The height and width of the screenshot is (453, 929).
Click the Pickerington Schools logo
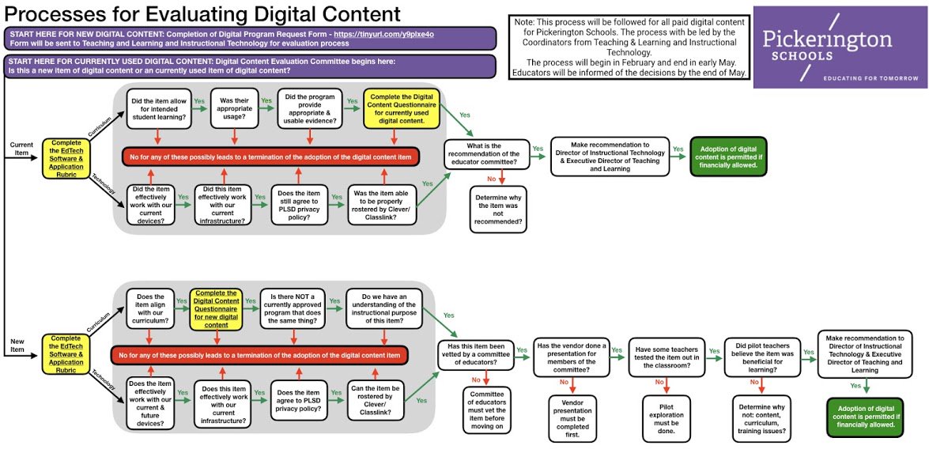click(x=840, y=45)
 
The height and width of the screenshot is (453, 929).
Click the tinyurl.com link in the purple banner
click(x=401, y=34)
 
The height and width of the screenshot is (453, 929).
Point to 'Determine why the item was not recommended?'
click(x=497, y=209)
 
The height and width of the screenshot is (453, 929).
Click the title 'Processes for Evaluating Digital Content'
click(x=202, y=13)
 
